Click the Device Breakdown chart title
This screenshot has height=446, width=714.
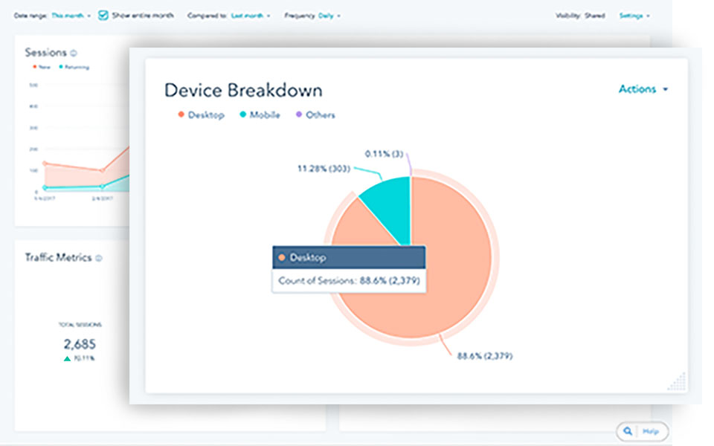point(243,91)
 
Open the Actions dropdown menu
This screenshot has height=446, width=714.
point(643,89)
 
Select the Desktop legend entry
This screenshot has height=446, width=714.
point(201,115)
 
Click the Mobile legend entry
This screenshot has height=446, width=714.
point(260,115)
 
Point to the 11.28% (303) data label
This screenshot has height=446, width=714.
point(324,169)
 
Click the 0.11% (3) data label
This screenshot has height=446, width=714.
point(385,154)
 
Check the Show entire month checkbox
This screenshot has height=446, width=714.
point(103,15)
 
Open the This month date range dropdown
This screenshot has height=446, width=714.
point(71,15)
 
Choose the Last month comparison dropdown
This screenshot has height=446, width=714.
point(251,15)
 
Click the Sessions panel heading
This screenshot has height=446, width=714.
point(45,53)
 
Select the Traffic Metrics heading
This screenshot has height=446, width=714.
point(58,257)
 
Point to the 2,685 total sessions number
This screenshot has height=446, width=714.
point(80,344)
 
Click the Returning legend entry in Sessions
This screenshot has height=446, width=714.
point(74,67)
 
